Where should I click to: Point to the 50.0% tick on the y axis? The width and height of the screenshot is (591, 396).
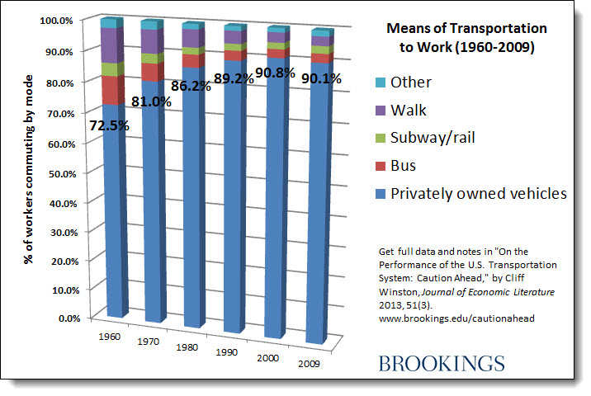pos(64,174)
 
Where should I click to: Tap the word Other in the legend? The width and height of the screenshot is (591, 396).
pos(411,82)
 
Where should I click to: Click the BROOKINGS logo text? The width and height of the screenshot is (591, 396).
pos(442,363)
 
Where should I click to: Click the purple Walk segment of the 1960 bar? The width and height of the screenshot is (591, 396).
pos(111,45)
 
